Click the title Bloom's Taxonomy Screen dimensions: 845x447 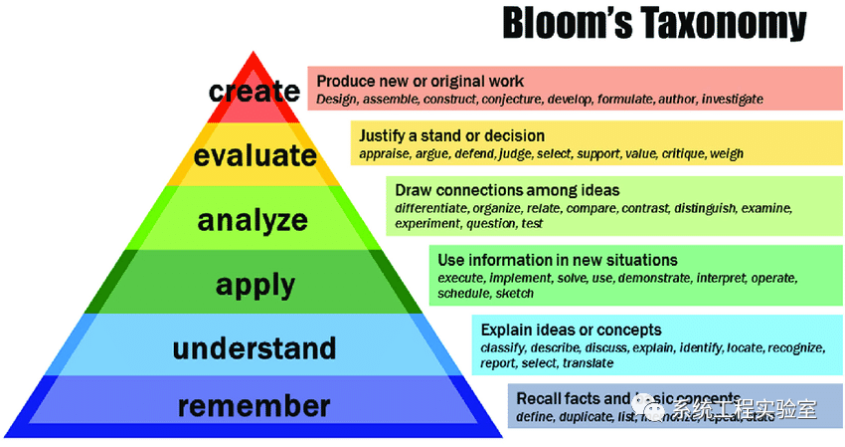pos(653,24)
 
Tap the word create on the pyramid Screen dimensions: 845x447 pos(254,92)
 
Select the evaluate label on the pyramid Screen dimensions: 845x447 pos(255,156)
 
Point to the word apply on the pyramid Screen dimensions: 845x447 pos(255,285)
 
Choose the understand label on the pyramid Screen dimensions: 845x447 pos(254,348)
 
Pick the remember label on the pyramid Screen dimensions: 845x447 pos(254,406)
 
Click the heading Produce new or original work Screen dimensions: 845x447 pos(420,81)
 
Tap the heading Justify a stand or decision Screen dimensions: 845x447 pos(452,135)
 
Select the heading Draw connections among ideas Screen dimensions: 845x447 pos(507,189)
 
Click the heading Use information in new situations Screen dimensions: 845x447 pos(558,260)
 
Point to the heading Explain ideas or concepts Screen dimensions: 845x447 pos(572,329)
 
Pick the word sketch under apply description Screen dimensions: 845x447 pos(514,294)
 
